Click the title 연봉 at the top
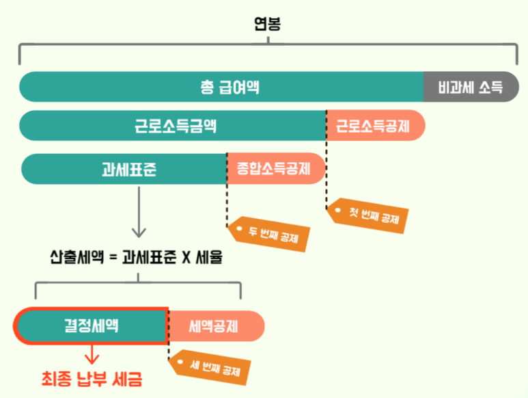pyautogui.click(x=267, y=23)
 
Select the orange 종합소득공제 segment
pyautogui.click(x=274, y=168)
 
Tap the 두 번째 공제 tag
pyautogui.click(x=270, y=234)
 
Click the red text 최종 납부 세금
pyautogui.click(x=92, y=378)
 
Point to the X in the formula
pyautogui.click(x=186, y=258)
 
